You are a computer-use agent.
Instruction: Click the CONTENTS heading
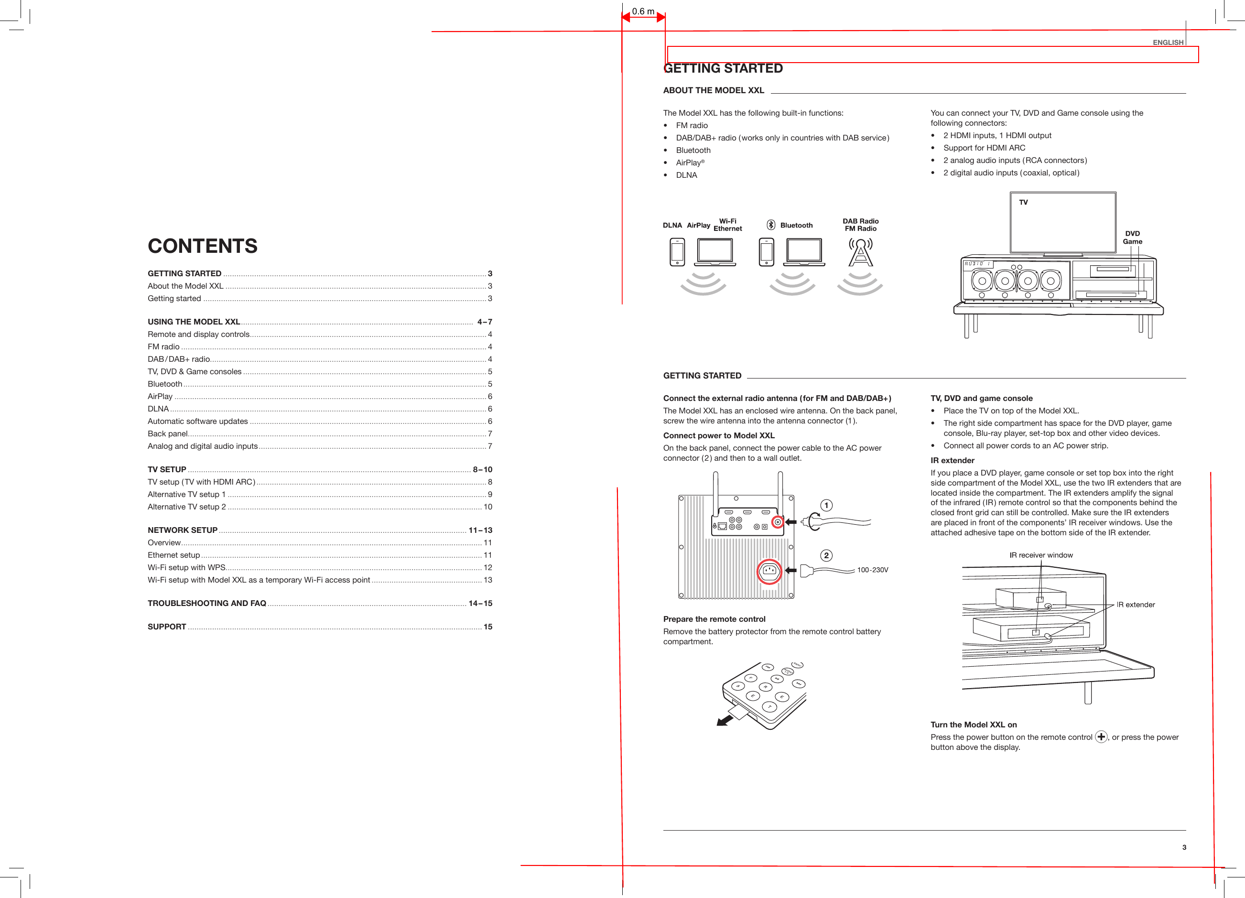(x=202, y=246)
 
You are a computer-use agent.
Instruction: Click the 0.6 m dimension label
(x=643, y=11)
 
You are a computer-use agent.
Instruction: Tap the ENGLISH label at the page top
(x=1168, y=42)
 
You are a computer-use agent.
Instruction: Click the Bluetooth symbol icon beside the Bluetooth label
(x=771, y=225)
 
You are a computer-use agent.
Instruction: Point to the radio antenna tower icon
(x=860, y=252)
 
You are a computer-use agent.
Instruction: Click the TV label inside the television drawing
(x=1023, y=203)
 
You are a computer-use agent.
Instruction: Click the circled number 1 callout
(x=826, y=506)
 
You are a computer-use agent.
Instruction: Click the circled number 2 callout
(x=826, y=555)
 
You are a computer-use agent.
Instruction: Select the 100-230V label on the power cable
(x=872, y=570)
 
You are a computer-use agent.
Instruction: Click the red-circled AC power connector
(x=769, y=572)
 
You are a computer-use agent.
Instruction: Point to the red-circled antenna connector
(x=777, y=522)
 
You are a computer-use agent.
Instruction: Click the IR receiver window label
(x=1041, y=555)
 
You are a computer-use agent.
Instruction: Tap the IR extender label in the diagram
(x=1135, y=605)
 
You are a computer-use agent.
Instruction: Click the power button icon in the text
(x=1101, y=736)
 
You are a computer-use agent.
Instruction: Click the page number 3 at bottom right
(x=1184, y=847)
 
